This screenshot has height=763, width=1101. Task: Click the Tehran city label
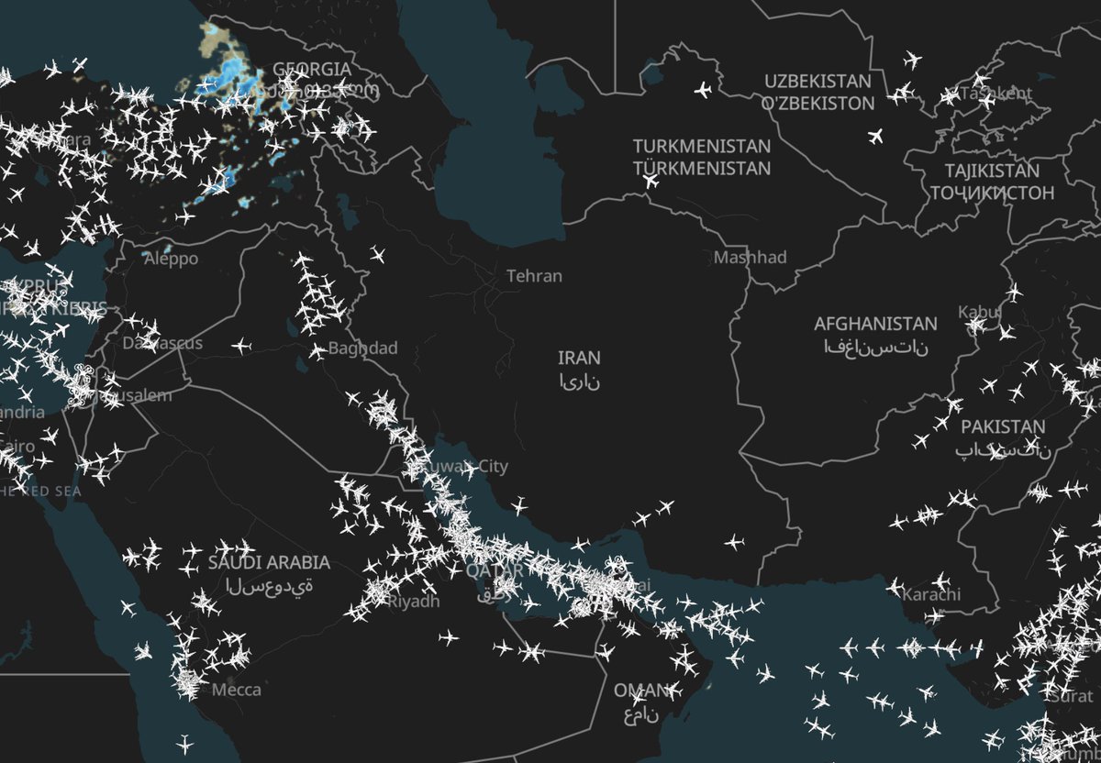534,276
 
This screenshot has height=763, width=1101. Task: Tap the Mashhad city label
751,258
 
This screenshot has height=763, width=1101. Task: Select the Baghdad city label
363,348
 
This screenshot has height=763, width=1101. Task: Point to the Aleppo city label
171,260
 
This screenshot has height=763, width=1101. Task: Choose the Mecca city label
237,690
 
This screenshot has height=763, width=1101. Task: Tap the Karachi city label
931,595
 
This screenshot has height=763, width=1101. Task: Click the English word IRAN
580,358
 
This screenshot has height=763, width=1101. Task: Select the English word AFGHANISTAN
875,324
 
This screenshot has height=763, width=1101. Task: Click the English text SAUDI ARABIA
269,563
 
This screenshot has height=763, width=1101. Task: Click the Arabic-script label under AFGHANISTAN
875,347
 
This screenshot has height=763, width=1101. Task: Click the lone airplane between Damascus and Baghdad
240,346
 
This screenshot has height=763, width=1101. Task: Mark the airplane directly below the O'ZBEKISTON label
874,138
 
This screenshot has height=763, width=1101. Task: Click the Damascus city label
162,343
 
